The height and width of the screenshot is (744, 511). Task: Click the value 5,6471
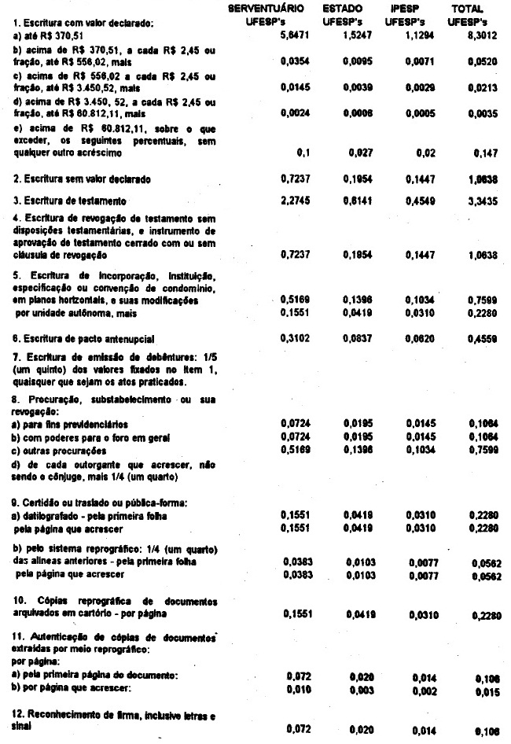point(296,36)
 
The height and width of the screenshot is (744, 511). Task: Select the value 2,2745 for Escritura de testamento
point(296,201)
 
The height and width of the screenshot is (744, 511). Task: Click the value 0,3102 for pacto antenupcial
point(296,338)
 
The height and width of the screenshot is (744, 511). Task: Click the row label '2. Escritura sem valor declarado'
point(82,179)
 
